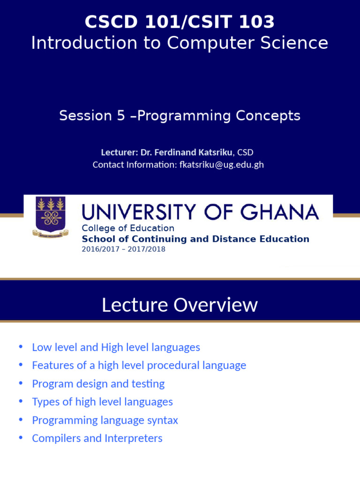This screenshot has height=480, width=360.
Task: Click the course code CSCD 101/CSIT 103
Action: pyautogui.click(x=180, y=22)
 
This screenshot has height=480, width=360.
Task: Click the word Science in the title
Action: pyautogui.click(x=294, y=43)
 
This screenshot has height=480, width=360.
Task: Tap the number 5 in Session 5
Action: pyautogui.click(x=121, y=116)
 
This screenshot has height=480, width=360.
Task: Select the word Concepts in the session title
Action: pyautogui.click(x=268, y=116)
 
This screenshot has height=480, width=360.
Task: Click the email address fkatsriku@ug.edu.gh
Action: pyautogui.click(x=221, y=165)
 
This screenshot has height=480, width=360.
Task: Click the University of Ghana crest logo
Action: pyautogui.click(x=51, y=217)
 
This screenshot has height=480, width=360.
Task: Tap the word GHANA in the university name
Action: pyautogui.click(x=279, y=212)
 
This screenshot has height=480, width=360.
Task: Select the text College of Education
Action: pyautogui.click(x=128, y=228)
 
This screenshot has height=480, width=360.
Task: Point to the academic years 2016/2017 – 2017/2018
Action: pyautogui.click(x=123, y=249)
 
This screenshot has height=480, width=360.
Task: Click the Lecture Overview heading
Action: pyautogui.click(x=180, y=305)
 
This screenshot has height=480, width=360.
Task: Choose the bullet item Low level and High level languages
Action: pyautogui.click(x=116, y=347)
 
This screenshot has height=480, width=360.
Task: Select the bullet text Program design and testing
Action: pyautogui.click(x=98, y=384)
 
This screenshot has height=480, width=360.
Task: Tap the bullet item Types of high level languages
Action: pyautogui.click(x=102, y=402)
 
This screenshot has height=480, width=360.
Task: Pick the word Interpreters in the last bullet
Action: pyautogui.click(x=134, y=438)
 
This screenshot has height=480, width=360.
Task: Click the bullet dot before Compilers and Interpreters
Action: pyautogui.click(x=21, y=437)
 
